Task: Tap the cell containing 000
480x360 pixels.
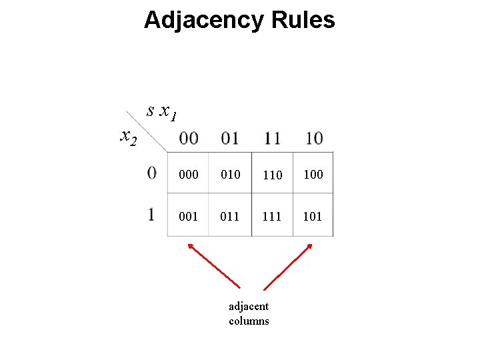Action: coord(189,175)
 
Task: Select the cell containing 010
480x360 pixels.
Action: coord(230,175)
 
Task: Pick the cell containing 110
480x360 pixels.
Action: coord(272,175)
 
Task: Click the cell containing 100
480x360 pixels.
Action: coord(313,175)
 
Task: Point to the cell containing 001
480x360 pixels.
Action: coord(189,216)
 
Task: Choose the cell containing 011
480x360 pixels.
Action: coord(230,216)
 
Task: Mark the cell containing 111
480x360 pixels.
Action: coord(272,216)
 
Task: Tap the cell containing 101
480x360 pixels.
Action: coord(313,216)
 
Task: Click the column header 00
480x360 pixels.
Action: coord(189,139)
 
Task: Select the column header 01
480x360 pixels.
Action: coord(230,139)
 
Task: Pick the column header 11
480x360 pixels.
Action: coord(272,139)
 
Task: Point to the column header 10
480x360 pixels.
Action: coord(313,139)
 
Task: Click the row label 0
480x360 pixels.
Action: coord(153,173)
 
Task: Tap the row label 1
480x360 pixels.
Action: coord(152,215)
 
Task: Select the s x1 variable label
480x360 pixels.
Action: coord(162,112)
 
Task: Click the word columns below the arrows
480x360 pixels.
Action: coord(249,321)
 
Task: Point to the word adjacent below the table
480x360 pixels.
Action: coord(249,307)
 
